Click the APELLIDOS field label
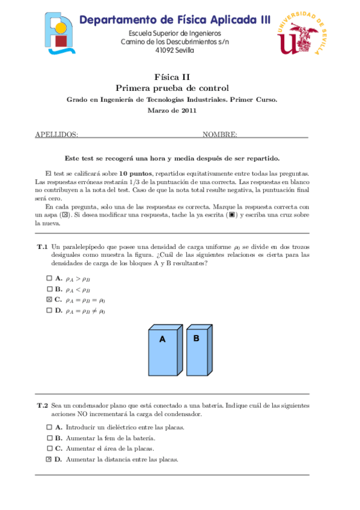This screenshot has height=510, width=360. (x=56, y=134)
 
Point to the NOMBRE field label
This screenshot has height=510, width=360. (x=219, y=134)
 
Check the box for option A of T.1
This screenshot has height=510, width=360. (x=49, y=278)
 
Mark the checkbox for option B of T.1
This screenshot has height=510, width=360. (x=49, y=289)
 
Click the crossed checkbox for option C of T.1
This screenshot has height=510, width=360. (x=49, y=300)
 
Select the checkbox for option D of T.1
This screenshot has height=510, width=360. (x=49, y=310)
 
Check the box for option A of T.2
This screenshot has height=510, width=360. (x=49, y=427)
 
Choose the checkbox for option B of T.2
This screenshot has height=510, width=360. (x=49, y=438)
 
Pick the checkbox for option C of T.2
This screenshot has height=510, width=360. (x=49, y=448)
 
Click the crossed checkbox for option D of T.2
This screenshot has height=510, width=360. (x=49, y=459)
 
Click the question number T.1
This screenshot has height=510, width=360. (x=42, y=247)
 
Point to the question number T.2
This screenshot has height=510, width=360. (x=42, y=406)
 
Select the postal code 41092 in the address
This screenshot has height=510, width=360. (x=163, y=51)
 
